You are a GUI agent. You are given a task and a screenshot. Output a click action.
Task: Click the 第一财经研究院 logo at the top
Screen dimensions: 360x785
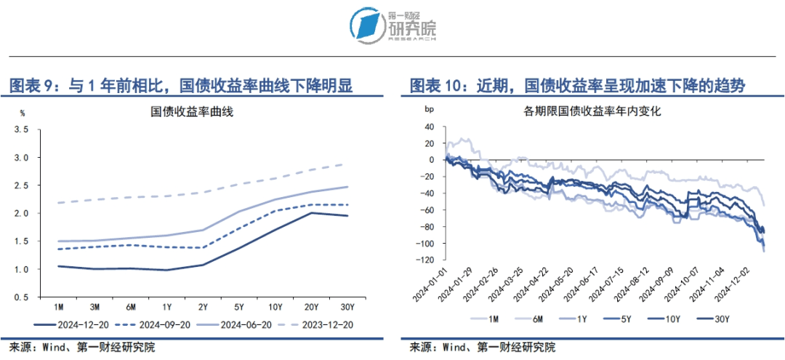392,26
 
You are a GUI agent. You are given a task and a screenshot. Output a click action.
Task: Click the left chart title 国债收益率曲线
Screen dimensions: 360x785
193,112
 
